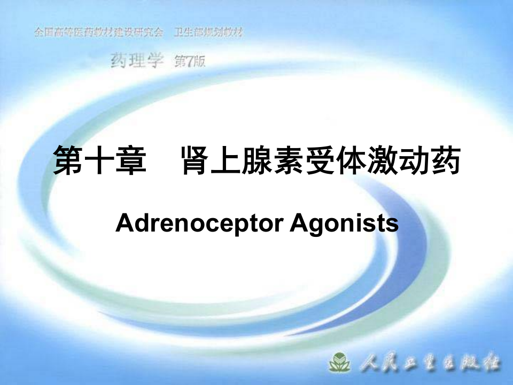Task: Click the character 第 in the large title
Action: [x=68, y=161]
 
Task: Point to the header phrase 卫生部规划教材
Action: [x=209, y=32]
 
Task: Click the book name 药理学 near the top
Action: [x=136, y=61]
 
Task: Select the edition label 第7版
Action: [x=190, y=62]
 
